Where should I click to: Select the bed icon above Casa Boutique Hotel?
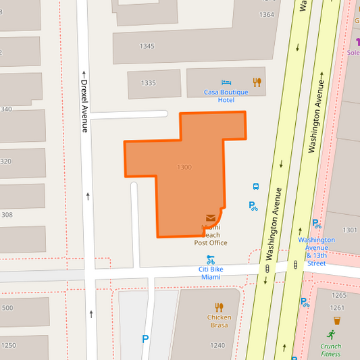coord(226,82)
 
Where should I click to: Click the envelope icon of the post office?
coord(211,218)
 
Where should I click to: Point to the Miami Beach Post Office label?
coord(211,235)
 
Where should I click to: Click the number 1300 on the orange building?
coord(184,168)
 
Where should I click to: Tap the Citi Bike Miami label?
coord(211,273)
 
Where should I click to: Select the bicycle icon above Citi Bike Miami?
coord(211,259)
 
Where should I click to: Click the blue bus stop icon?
coord(256,186)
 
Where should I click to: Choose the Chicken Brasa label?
coord(219,321)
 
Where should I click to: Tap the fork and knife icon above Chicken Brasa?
coord(219,307)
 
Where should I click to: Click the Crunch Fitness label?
coord(331,350)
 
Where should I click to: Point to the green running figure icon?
coord(331,334)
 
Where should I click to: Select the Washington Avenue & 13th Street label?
coord(316,251)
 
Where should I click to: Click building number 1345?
coord(147,47)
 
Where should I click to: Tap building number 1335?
coord(149,83)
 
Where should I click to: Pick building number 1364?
coord(267,14)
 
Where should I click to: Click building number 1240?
coord(217,345)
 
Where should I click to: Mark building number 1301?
coord(349,230)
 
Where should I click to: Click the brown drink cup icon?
coord(336,320)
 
